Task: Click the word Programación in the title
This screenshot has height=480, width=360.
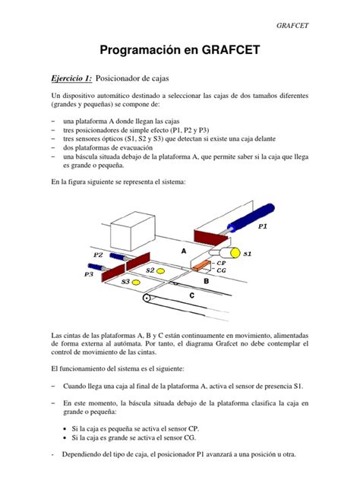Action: click(x=140, y=52)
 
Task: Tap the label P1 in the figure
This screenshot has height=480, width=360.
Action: click(x=263, y=226)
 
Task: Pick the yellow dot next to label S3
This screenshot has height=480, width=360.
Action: click(x=137, y=283)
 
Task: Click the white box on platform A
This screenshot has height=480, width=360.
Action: click(x=133, y=226)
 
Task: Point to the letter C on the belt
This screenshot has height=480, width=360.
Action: click(x=191, y=295)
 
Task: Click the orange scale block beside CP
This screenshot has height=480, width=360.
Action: click(x=201, y=267)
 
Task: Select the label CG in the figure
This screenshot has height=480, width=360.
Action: click(x=221, y=270)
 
